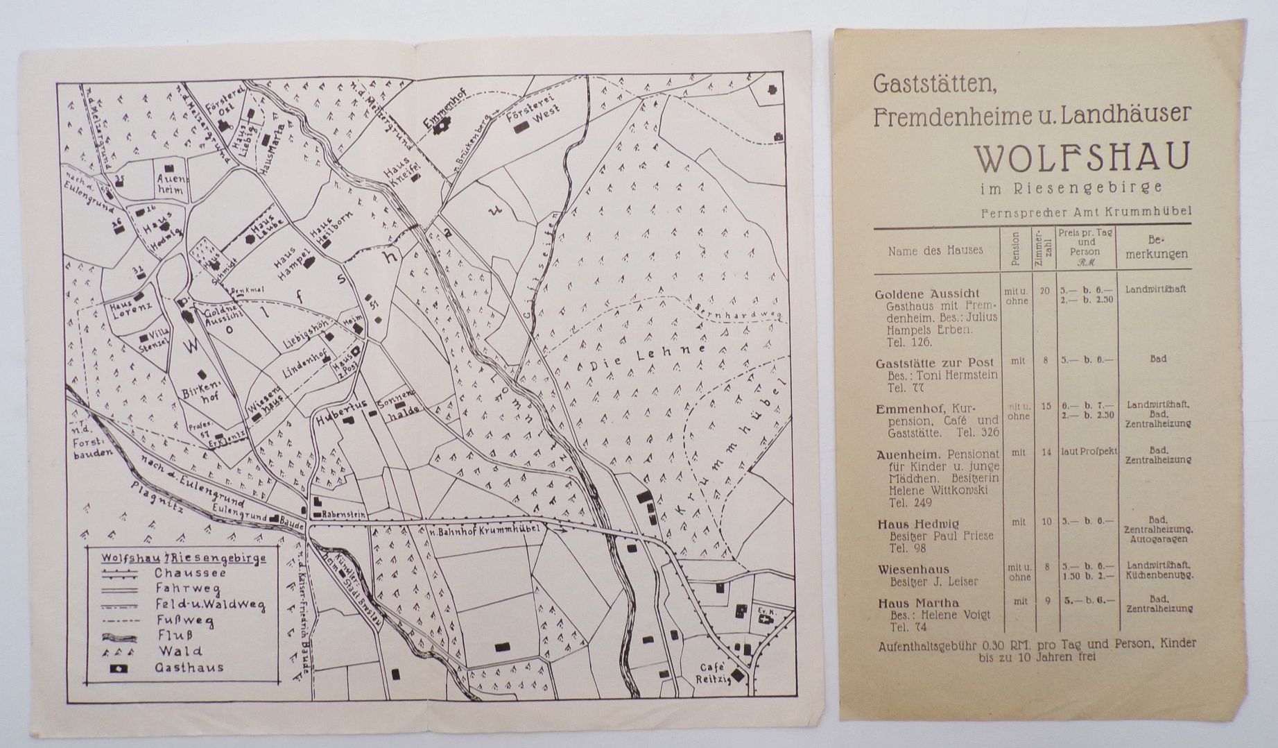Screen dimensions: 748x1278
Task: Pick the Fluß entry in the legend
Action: point(174,634)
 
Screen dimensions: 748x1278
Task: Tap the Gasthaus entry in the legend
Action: point(189,668)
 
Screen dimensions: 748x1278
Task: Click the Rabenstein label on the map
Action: point(343,516)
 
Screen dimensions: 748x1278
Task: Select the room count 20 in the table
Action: point(1044,291)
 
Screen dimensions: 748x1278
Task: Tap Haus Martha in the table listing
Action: point(908,602)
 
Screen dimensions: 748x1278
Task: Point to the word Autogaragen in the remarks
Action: point(1157,538)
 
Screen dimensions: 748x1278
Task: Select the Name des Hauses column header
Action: point(935,250)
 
